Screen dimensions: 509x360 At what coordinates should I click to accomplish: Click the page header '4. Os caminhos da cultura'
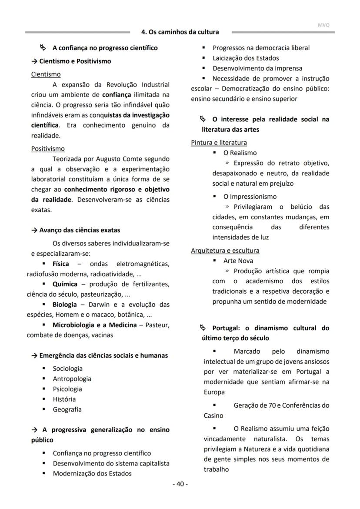click(x=180, y=32)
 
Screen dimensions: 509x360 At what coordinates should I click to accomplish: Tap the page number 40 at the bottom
click(x=180, y=484)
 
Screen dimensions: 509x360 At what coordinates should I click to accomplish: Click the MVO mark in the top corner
click(x=323, y=25)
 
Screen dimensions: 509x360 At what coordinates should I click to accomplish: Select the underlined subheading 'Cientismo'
click(x=46, y=74)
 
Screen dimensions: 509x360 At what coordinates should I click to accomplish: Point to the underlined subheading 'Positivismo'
click(x=48, y=149)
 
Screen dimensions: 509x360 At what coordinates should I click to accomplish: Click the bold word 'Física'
click(x=60, y=264)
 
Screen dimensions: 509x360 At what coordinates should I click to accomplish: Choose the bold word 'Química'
click(x=65, y=284)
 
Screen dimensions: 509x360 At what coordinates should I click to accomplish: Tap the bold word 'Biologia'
click(x=64, y=305)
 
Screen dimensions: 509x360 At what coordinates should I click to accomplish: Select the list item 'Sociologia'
click(x=67, y=368)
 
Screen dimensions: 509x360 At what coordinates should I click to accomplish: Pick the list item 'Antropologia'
click(x=72, y=379)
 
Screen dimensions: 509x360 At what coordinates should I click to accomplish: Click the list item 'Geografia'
click(x=67, y=409)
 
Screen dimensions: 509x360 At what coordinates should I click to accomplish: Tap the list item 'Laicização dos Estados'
click(x=246, y=58)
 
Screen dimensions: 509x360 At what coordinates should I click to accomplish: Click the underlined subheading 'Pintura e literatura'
click(x=219, y=143)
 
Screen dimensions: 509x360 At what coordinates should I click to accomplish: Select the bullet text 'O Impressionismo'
click(x=250, y=197)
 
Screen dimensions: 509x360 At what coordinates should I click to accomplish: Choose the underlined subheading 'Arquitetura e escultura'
click(x=225, y=251)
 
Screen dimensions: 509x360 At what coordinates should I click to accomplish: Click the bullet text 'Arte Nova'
click(x=238, y=261)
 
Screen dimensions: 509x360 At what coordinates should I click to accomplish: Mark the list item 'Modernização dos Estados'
click(x=92, y=473)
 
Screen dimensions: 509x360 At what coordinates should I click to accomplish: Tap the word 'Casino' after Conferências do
click(x=213, y=416)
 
